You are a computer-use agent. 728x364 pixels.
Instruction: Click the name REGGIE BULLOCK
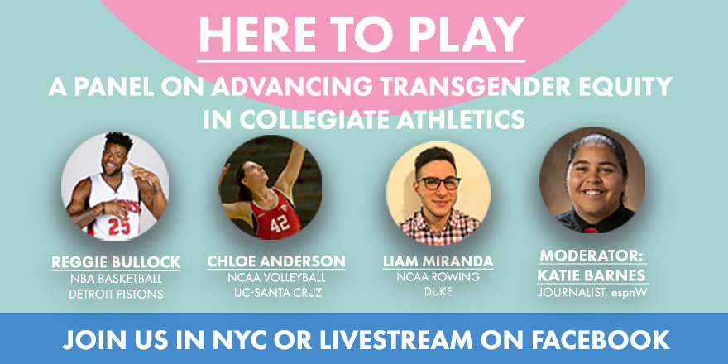tap(116, 262)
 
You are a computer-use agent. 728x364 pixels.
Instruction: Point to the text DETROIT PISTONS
tap(116, 294)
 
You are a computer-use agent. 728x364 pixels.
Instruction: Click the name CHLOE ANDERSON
tap(276, 261)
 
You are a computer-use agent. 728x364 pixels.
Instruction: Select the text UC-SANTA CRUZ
tap(276, 293)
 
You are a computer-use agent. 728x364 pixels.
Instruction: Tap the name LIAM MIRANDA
tap(438, 261)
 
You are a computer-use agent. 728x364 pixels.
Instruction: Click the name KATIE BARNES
tap(591, 275)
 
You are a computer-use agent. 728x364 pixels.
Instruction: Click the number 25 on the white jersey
tap(118, 226)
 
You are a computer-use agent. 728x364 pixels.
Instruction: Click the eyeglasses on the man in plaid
tap(438, 183)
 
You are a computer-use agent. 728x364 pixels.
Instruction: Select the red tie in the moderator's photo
tap(591, 230)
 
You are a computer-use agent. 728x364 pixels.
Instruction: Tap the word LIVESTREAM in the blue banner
tap(395, 340)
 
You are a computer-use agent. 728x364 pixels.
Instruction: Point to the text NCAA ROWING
tap(438, 277)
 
